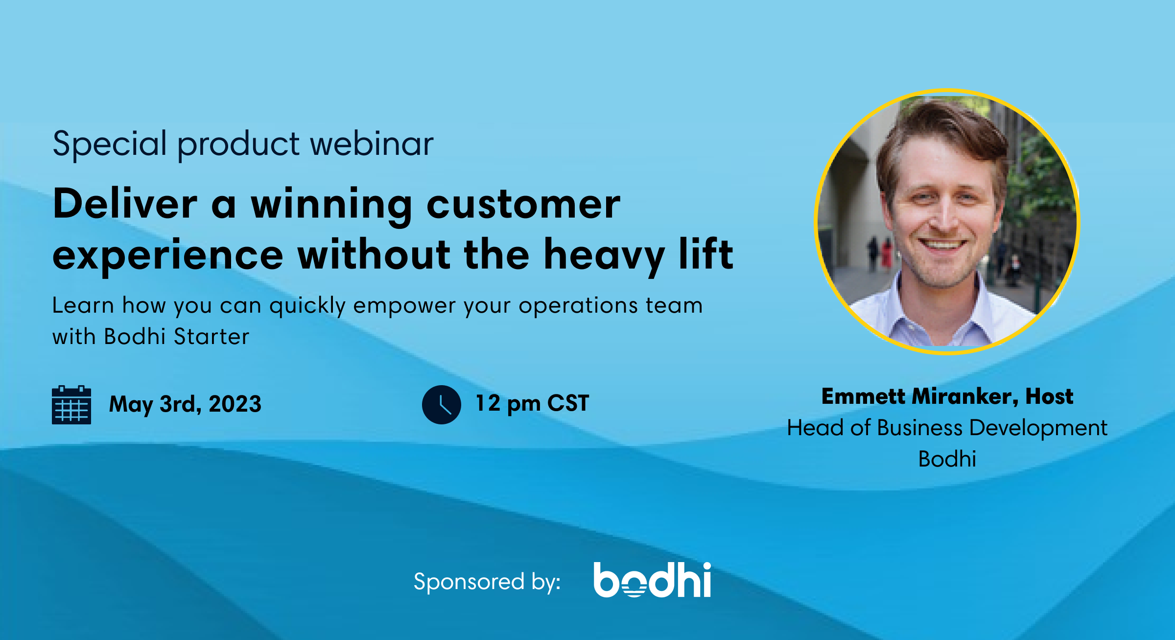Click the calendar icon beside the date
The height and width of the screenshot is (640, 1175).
click(71, 405)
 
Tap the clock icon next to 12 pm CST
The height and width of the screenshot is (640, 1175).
click(441, 405)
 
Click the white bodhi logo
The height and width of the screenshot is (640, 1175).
click(652, 580)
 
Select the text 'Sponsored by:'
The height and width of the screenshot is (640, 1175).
click(487, 582)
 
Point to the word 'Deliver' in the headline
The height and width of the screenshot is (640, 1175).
click(125, 204)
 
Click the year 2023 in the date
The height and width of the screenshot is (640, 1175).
click(235, 404)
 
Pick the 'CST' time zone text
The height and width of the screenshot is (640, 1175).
click(568, 403)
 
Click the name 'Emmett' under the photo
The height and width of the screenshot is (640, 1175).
click(863, 396)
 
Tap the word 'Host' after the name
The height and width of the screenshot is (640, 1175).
click(1049, 396)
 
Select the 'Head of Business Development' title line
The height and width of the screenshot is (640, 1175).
click(947, 428)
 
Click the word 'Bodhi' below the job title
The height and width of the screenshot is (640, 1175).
click(947, 459)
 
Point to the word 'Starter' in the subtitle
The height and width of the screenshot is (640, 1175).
click(211, 337)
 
